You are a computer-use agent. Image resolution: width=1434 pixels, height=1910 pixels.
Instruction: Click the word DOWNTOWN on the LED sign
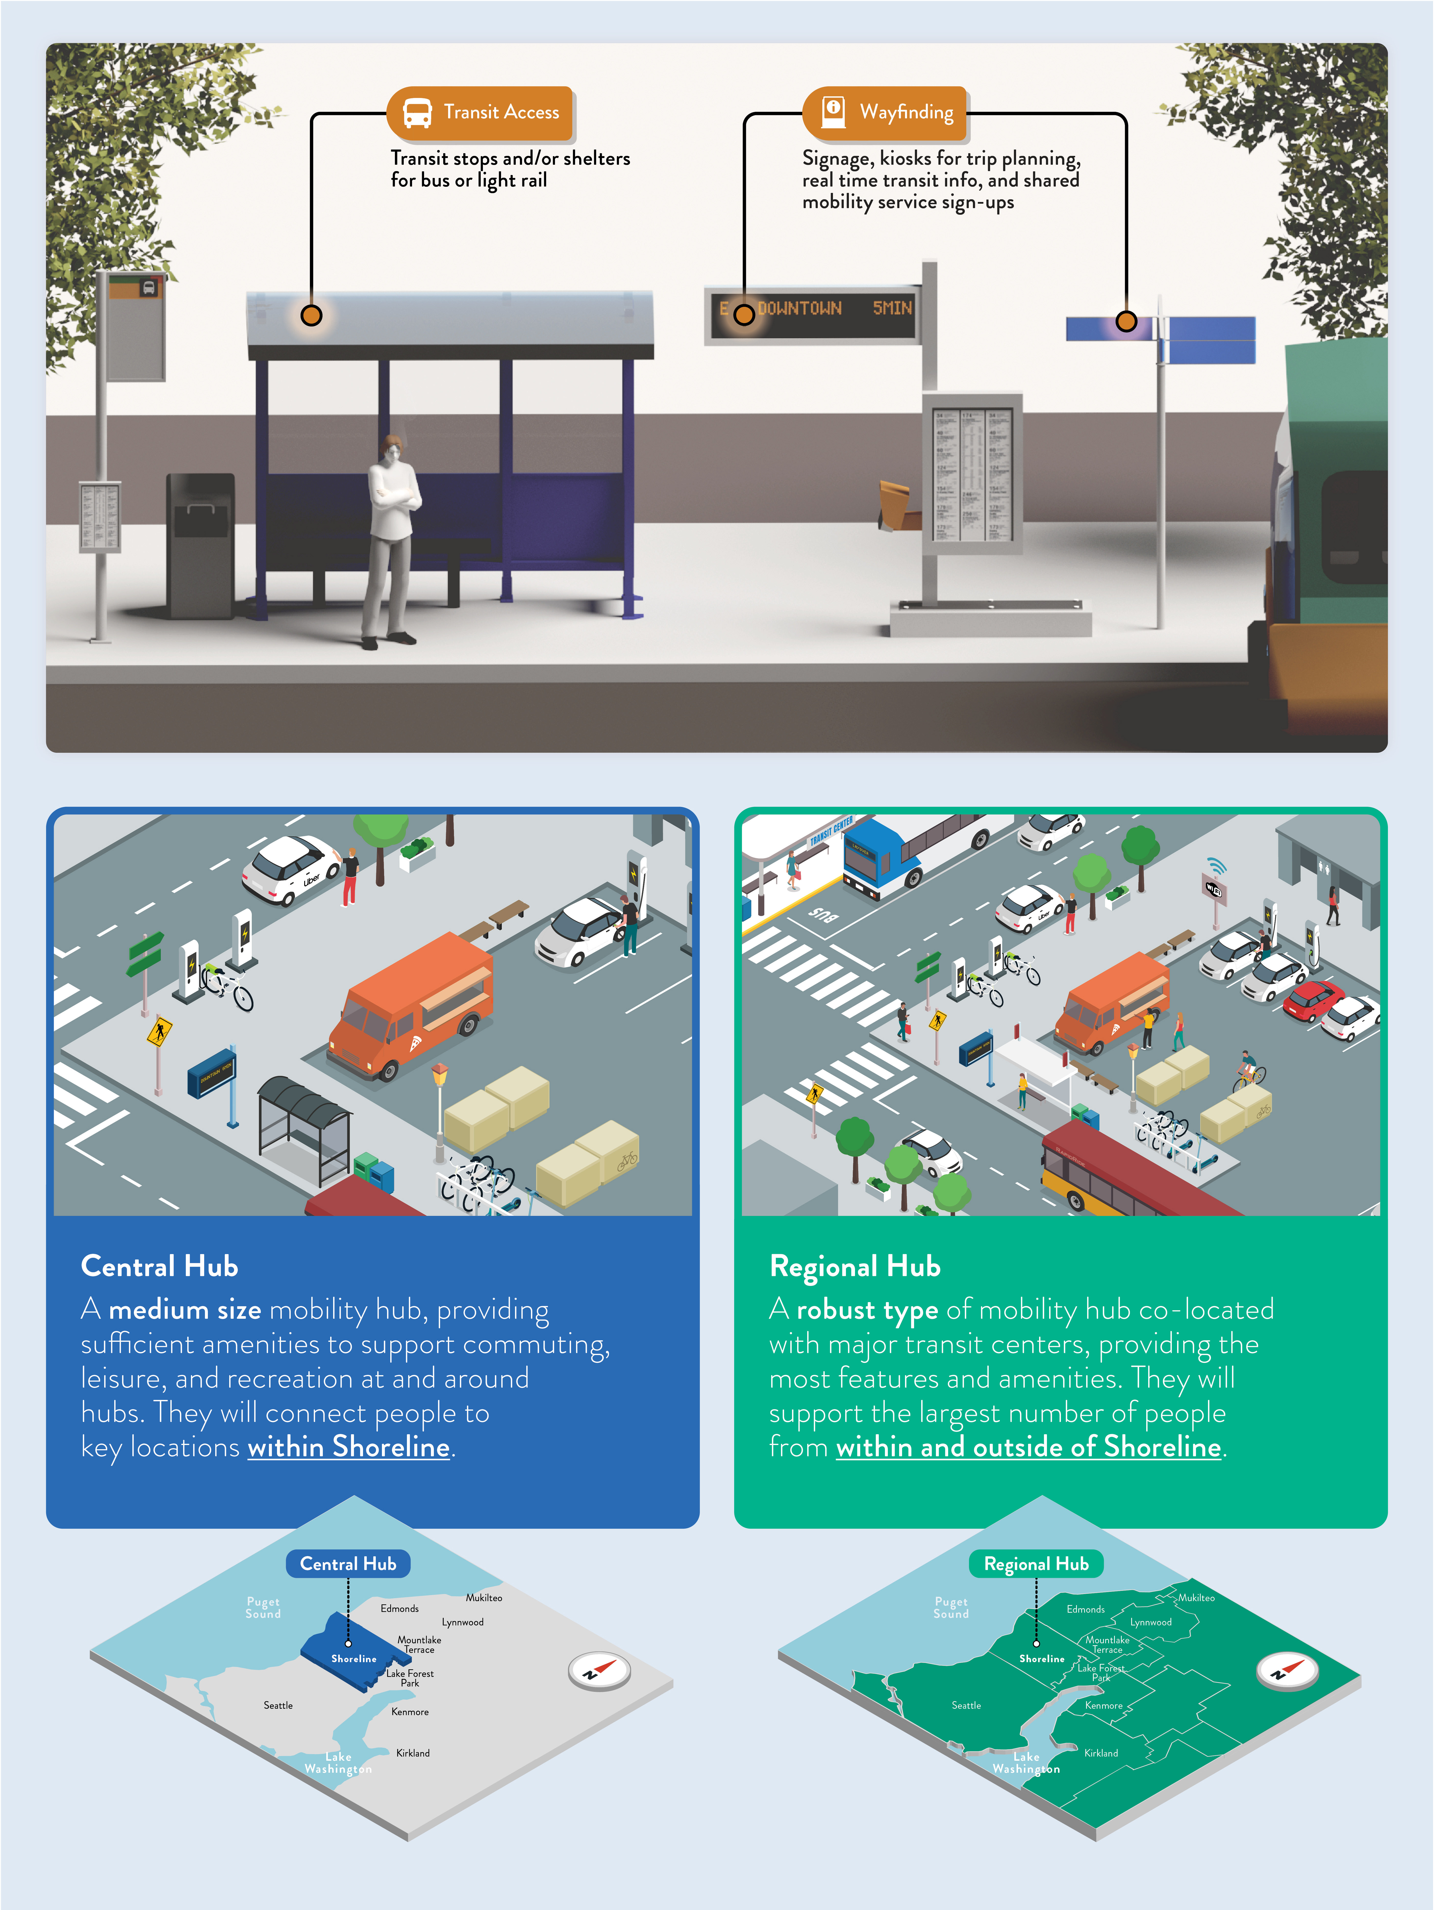click(799, 308)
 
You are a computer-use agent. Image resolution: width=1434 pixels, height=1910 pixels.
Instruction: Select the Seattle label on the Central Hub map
click(278, 1705)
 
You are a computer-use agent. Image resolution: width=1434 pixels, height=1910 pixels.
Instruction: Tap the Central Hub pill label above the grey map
click(348, 1564)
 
